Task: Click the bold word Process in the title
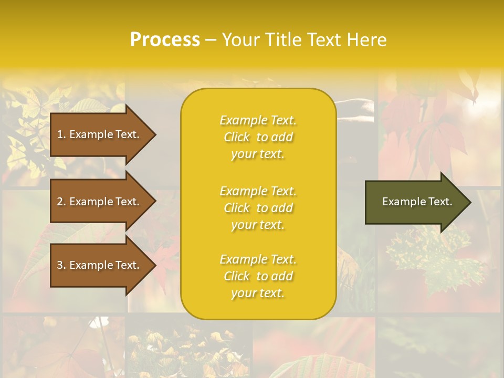point(165,40)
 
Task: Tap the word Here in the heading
point(367,40)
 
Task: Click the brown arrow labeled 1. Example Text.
point(100,134)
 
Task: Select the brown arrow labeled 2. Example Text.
point(100,202)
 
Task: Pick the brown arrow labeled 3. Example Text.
point(100,265)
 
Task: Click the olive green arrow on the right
point(415,202)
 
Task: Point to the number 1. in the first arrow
point(61,134)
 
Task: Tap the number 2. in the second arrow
point(61,202)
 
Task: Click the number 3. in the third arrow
point(61,265)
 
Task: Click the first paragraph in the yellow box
point(258,137)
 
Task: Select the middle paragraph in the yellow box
point(258,208)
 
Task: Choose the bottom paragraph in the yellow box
point(258,276)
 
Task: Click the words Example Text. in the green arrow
point(417,202)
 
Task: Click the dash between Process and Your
point(211,40)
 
